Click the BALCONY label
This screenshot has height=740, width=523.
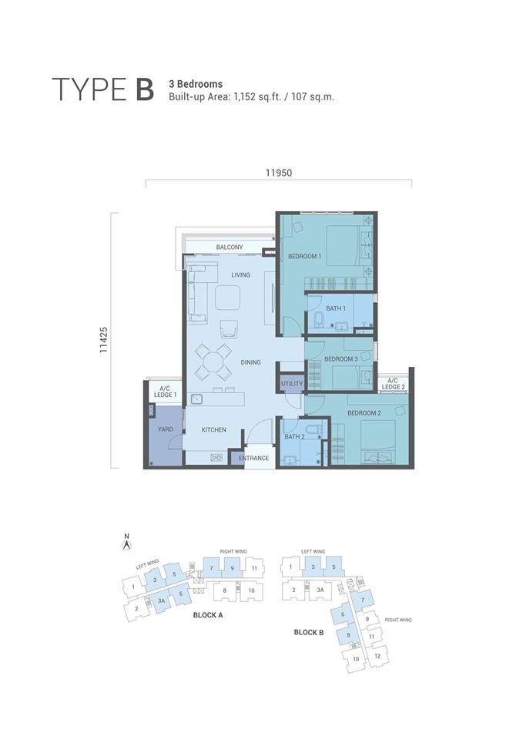230,247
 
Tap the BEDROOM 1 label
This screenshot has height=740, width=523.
305,256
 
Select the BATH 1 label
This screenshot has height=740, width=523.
336,308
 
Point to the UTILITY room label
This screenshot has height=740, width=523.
292,384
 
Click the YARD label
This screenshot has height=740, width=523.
165,429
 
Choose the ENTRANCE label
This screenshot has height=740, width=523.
253,458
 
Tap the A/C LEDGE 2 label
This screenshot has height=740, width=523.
393,384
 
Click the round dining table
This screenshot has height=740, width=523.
213,362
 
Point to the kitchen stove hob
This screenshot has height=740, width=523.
216,457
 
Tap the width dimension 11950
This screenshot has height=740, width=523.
279,173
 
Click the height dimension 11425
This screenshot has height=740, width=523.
104,340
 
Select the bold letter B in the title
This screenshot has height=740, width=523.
146,89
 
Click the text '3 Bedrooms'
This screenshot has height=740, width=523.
196,84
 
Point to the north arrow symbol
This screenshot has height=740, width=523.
126,543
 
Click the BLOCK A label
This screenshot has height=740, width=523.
208,615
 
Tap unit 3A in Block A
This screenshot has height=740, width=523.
161,600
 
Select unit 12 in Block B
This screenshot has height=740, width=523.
377,656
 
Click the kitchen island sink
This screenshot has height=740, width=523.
196,399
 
